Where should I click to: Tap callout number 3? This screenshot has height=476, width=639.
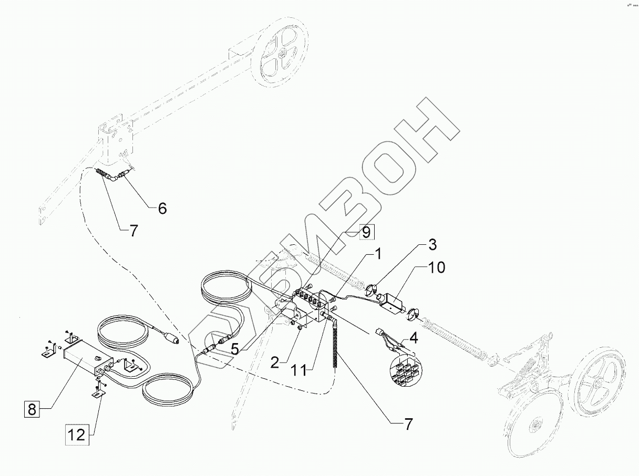pos(431,245)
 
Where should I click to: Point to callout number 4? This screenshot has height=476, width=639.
pos(414,337)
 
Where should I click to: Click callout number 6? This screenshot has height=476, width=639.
pos(162,209)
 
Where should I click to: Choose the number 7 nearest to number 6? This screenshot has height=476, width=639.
pos(133,231)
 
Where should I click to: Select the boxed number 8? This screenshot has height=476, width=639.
pos(32,409)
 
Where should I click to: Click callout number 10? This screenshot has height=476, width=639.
pos(437,268)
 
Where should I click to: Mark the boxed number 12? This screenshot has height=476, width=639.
pos(76,434)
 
